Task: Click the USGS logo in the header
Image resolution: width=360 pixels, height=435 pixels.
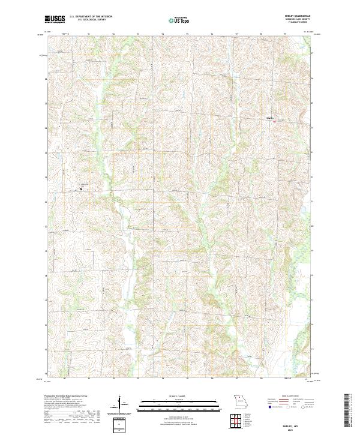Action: pos(55,20)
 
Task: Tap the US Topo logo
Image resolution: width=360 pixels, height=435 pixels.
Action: pos(180,20)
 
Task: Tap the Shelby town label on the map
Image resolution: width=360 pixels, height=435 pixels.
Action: pos(270,118)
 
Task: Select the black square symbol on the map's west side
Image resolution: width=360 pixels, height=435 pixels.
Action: pos(81,190)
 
